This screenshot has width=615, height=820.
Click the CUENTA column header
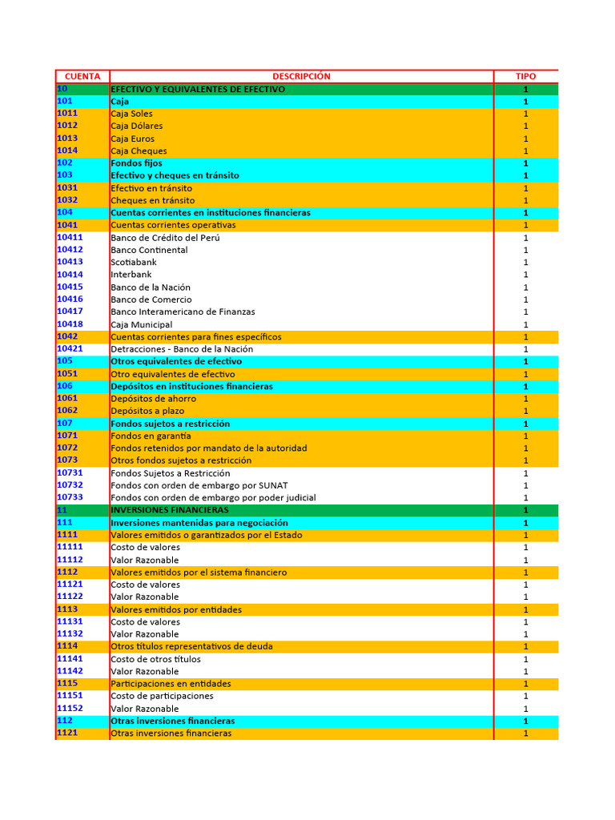click(82, 76)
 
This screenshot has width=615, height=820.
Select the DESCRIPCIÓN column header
click(301, 76)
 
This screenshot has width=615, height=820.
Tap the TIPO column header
click(526, 76)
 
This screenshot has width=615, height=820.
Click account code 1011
click(67, 114)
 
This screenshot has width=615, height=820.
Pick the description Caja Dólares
click(137, 126)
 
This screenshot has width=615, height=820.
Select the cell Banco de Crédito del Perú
click(165, 238)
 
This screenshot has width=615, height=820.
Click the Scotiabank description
click(134, 262)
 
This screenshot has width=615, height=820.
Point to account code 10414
click(70, 275)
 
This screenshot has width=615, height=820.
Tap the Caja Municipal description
click(142, 324)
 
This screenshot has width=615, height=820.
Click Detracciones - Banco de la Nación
click(182, 349)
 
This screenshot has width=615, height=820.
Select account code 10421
click(70, 349)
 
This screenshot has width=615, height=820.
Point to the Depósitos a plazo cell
click(147, 411)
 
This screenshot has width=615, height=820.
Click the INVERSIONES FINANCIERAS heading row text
click(170, 510)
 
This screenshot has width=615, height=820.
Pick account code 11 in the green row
click(62, 510)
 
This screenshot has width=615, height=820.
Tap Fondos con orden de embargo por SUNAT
click(199, 485)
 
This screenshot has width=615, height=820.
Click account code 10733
click(70, 497)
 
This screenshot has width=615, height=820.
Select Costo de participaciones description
click(163, 696)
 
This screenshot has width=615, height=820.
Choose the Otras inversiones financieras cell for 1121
click(171, 734)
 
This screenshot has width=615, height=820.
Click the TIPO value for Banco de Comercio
click(526, 299)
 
